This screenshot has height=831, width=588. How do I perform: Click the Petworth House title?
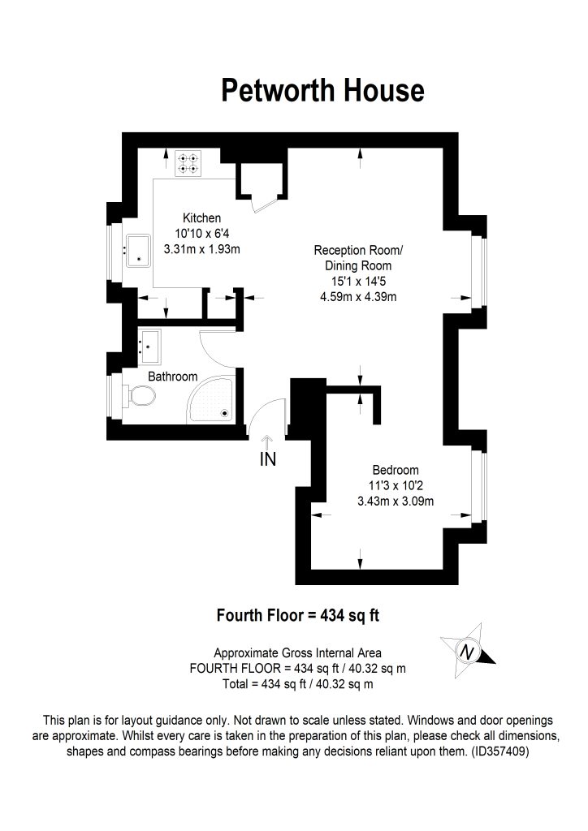click(x=322, y=90)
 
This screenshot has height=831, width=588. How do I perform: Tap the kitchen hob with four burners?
click(x=188, y=164)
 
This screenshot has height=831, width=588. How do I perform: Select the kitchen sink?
click(x=137, y=251)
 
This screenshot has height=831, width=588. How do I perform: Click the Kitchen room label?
click(x=201, y=217)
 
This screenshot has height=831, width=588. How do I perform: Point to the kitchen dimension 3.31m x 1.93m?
click(x=201, y=249)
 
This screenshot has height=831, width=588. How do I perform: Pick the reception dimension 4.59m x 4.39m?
click(x=358, y=297)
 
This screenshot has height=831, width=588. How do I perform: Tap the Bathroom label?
click(x=173, y=377)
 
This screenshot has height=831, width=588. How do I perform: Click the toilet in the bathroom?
click(x=140, y=395)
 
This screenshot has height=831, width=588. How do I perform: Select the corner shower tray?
click(x=211, y=399)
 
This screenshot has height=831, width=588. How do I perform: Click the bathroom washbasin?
click(x=149, y=347)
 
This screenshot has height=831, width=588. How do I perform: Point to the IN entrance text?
click(x=268, y=459)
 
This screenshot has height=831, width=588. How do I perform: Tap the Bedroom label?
click(x=396, y=470)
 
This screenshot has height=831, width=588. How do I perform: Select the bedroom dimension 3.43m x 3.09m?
click(x=396, y=501)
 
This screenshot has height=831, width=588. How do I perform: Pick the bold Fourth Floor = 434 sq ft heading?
click(x=298, y=615)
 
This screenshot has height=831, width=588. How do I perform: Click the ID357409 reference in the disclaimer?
click(x=500, y=751)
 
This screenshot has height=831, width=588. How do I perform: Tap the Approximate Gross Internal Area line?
click(x=297, y=653)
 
